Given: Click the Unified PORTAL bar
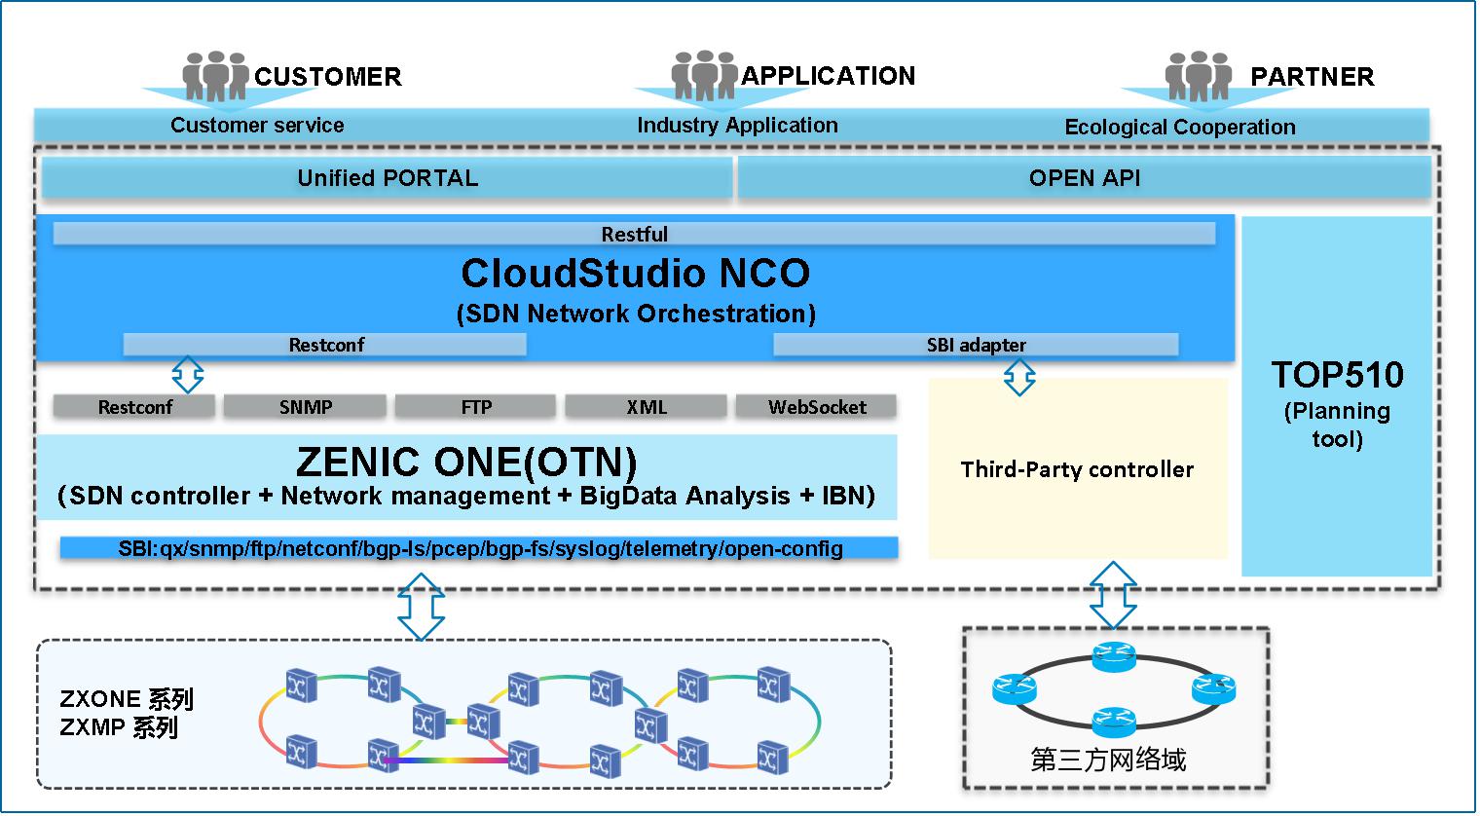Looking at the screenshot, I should click(x=388, y=178).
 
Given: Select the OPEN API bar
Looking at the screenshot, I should click(x=1084, y=178).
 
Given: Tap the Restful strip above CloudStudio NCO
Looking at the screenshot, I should click(x=634, y=234).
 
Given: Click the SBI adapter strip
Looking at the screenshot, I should click(x=976, y=345).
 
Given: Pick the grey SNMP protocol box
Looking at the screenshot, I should click(x=305, y=407).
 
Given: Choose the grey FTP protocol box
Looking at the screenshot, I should click(x=476, y=407).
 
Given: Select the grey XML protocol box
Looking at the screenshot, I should click(x=647, y=407).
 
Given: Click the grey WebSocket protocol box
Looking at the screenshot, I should click(x=816, y=407).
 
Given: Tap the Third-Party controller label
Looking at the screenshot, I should click(x=1077, y=469).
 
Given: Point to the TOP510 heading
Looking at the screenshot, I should click(x=1337, y=375).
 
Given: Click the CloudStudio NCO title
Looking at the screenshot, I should click(x=635, y=274).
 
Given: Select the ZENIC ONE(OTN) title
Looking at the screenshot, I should click(x=466, y=462).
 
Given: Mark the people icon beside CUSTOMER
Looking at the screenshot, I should click(x=215, y=76).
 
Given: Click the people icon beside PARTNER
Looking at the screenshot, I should click(x=1199, y=76).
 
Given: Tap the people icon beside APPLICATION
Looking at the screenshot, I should click(x=704, y=75).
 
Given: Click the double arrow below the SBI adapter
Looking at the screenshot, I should click(x=1019, y=377).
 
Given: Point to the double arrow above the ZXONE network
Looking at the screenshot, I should click(x=422, y=606).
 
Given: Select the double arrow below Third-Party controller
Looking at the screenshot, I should click(x=1113, y=594).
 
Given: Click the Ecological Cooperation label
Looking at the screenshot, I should click(x=1179, y=127).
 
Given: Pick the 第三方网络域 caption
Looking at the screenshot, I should click(x=1108, y=760).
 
